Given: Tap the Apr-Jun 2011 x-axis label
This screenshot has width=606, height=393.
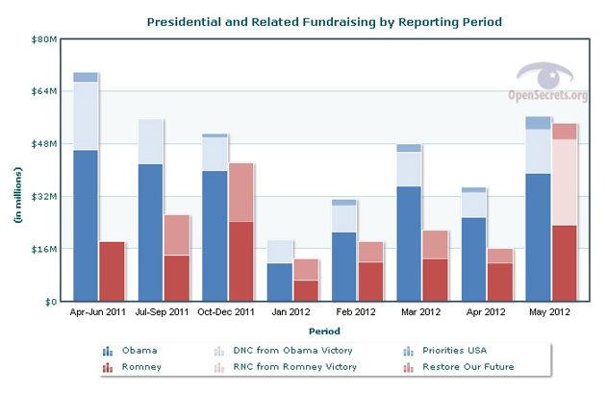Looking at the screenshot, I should pos(99,312).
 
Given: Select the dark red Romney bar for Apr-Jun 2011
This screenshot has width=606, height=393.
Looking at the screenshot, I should pos(113,271).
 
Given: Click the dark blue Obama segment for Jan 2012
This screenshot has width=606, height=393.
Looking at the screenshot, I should pos(280,282).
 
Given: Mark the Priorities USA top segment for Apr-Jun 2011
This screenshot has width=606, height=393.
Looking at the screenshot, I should pos(86,77).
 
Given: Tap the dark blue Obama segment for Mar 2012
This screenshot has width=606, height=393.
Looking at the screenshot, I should pos(383,243).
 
